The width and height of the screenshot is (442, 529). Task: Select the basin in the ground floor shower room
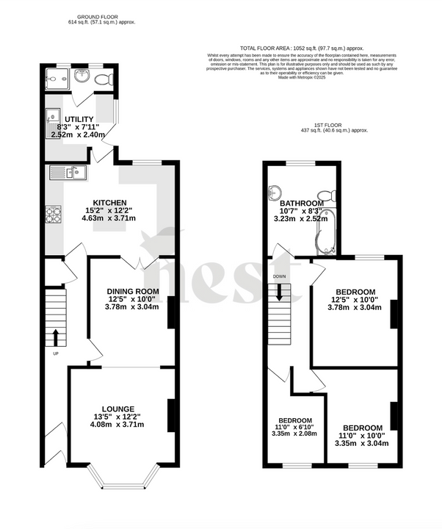79,74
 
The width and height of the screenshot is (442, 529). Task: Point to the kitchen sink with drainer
68,173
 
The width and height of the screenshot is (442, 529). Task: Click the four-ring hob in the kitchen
54,215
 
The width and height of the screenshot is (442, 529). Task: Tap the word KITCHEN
110,203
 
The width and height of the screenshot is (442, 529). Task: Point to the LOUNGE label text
117,409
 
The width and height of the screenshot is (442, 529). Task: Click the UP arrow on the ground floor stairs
55,337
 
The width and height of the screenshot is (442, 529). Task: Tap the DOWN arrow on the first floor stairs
280,292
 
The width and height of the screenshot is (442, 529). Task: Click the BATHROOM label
302,204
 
